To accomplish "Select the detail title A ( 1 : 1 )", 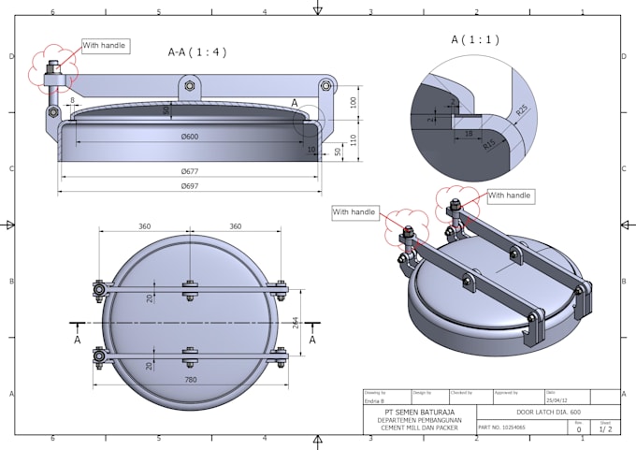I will coord(475,40).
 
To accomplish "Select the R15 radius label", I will coord(490,144).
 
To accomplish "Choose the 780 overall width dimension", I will coord(190,379).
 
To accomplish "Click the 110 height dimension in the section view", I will coord(354,138).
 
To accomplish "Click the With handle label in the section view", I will coord(103,45).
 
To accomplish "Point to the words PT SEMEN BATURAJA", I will coord(420,412).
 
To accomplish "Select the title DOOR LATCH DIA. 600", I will coord(547,412).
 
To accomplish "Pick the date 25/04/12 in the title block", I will coord(556,401).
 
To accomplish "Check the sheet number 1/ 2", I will coord(605,429).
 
